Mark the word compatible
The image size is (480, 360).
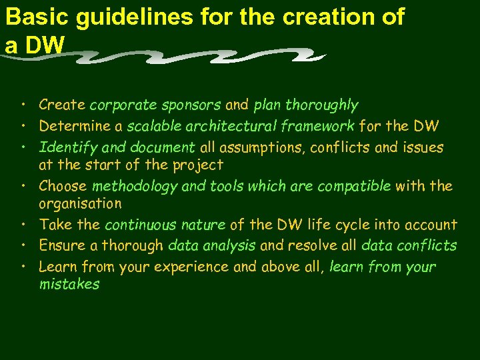[353, 186]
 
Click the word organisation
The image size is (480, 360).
[80, 203]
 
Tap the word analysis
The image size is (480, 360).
[229, 246]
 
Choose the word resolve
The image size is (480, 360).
[309, 246]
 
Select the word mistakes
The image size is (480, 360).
[69, 285]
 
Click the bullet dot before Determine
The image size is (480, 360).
[23, 125]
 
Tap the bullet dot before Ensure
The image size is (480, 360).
[23, 245]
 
